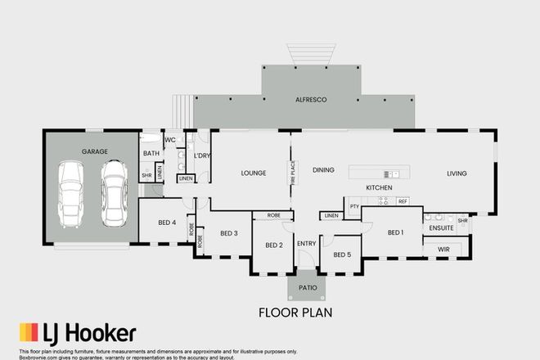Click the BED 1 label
396,232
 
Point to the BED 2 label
274,244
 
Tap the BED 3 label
229,233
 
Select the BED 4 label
166,223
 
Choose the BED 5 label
341,254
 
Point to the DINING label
323,169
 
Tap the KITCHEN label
379,188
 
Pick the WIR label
445,247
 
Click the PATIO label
307,287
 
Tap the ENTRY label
307,243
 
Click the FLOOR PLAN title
294,312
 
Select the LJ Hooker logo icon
29,333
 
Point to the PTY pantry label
354,206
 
